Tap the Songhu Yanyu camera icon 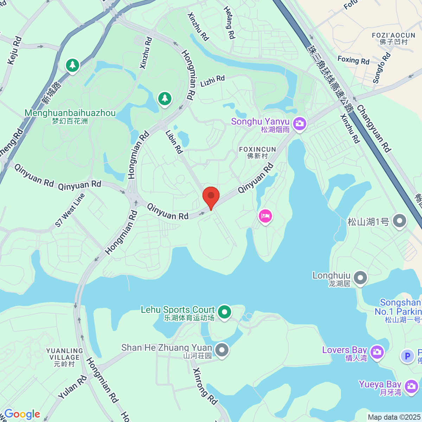pyautogui.click(x=300, y=123)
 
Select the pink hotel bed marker pyautogui.click(x=265, y=216)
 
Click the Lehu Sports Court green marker pyautogui.click(x=224, y=312)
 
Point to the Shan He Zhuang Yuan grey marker pyautogui.click(x=222, y=350)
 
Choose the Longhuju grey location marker pyautogui.click(x=360, y=278)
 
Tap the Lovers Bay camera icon pyautogui.click(x=377, y=351)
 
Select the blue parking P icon pyautogui.click(x=407, y=356)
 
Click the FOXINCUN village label pyautogui.click(x=257, y=153)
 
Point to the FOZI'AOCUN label pyautogui.click(x=394, y=38)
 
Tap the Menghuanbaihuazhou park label pyautogui.click(x=70, y=116)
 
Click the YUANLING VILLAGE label pyautogui.click(x=65, y=357)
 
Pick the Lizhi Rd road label pyautogui.click(x=212, y=81)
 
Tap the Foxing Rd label pyautogui.click(x=353, y=60)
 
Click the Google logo pyautogui.click(x=22, y=414)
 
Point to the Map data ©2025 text pyautogui.click(x=394, y=417)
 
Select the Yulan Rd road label pyautogui.click(x=72, y=388)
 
